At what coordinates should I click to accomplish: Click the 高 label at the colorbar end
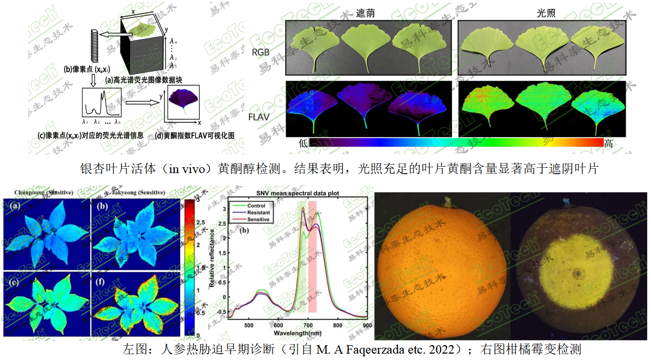point(609,143)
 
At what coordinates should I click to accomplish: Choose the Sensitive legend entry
point(259,219)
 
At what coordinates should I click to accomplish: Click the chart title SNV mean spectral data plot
point(298,193)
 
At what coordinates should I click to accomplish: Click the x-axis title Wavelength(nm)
point(298,332)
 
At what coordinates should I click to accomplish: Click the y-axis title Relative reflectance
point(211,259)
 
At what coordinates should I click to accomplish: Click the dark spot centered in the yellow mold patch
point(576,275)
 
